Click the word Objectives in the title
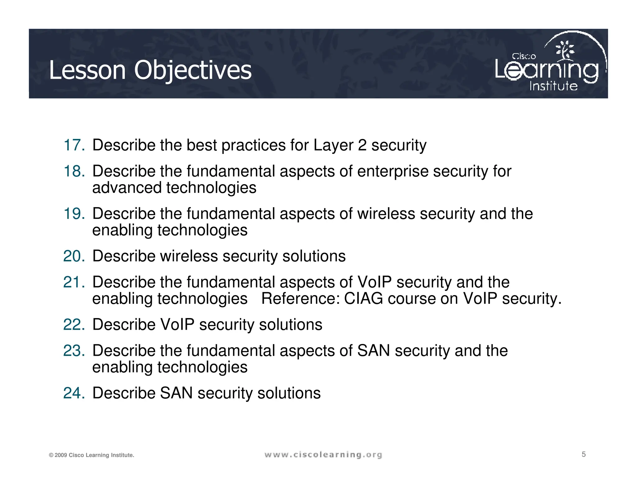(193, 70)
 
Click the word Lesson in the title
(87, 70)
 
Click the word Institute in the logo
(553, 86)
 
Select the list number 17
(74, 145)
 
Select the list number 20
(74, 256)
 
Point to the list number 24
(74, 393)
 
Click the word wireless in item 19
(386, 214)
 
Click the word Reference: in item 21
(300, 299)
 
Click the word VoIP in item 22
(177, 325)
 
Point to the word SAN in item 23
(374, 351)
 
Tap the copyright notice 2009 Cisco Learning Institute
(91, 455)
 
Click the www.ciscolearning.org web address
(323, 455)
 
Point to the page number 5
(584, 454)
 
